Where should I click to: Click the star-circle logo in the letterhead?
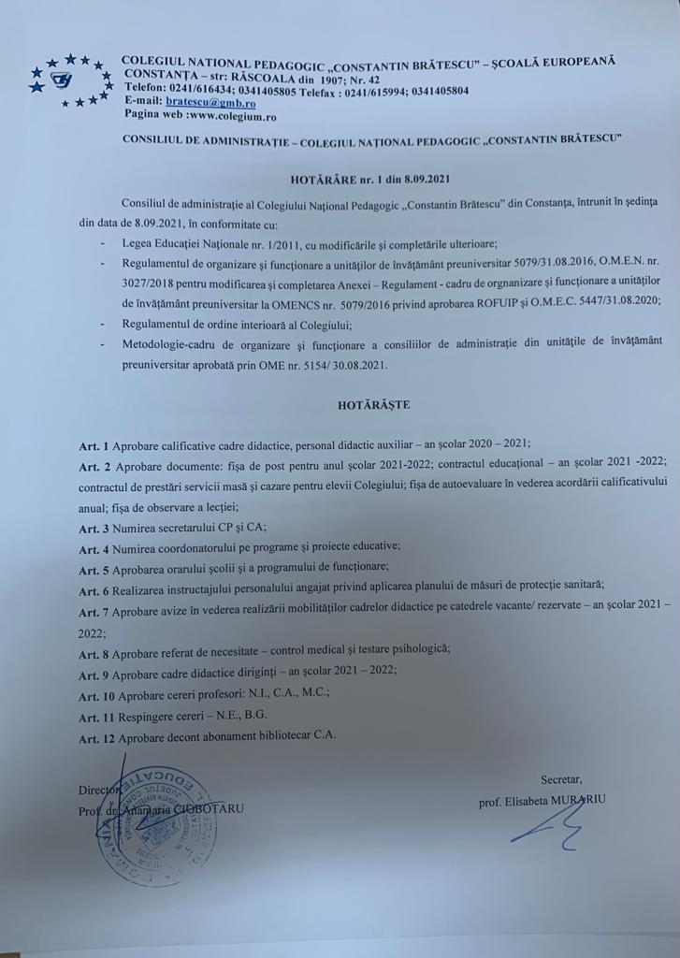68,80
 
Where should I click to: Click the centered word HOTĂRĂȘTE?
373,405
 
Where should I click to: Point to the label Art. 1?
93,443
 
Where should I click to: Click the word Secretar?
560,779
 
